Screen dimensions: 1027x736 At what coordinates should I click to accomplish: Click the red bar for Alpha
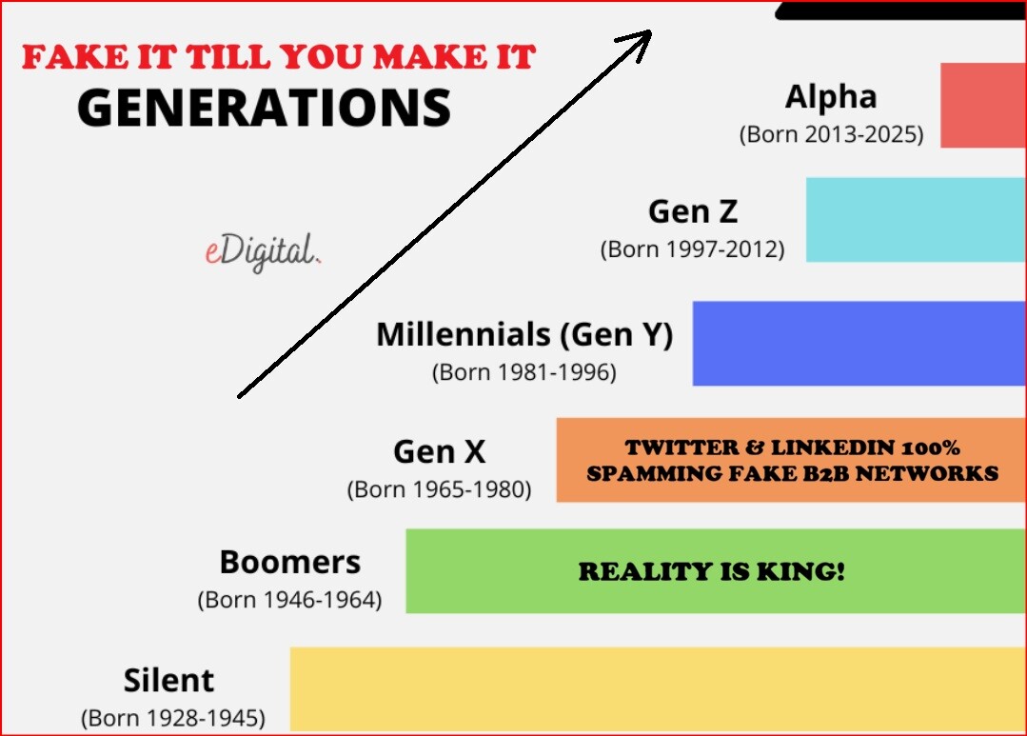point(983,106)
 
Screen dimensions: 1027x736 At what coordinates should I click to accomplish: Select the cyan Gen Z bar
point(916,220)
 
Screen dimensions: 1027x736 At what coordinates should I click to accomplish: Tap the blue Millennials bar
point(859,344)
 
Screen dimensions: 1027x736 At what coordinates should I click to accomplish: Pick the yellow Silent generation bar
point(658,689)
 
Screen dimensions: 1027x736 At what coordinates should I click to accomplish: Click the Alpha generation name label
point(831,97)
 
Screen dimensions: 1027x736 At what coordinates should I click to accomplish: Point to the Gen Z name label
point(693,211)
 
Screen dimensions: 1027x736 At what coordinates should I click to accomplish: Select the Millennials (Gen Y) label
point(524,334)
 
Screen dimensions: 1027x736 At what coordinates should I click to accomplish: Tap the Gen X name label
point(440,451)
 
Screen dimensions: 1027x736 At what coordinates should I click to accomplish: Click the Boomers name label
point(290,563)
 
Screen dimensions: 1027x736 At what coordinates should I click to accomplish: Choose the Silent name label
point(169,680)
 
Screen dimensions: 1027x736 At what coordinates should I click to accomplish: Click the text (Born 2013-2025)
point(832,134)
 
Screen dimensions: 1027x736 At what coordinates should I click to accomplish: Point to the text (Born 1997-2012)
point(692,249)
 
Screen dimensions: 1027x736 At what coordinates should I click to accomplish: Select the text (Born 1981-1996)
point(524,372)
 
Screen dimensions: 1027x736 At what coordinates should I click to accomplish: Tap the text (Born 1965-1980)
point(439,489)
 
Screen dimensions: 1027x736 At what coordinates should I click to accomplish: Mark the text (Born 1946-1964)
point(289,600)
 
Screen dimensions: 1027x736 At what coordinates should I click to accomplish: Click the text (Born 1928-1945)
point(173,718)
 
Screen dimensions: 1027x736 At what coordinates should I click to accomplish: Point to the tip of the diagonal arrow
point(651,30)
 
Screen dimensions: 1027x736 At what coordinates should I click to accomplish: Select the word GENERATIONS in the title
point(264,108)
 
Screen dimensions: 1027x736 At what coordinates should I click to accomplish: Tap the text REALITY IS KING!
point(712,571)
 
